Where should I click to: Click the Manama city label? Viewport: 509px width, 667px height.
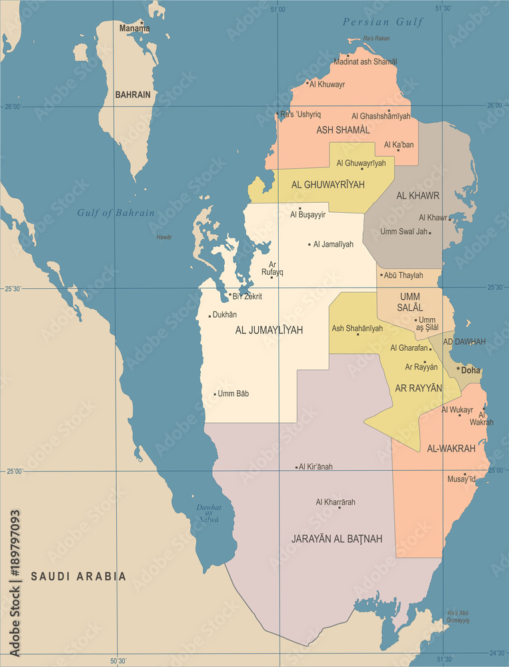(x=134, y=29)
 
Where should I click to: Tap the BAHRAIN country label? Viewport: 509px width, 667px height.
(x=133, y=95)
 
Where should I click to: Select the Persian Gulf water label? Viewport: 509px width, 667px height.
(x=383, y=22)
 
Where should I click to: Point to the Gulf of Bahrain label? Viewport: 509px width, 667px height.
(x=115, y=213)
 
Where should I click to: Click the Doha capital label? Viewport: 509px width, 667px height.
(x=470, y=370)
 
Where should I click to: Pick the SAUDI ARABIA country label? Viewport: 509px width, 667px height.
(x=78, y=576)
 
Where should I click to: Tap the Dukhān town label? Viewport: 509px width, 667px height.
(x=224, y=315)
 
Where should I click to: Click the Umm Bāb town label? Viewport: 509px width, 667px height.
(x=233, y=394)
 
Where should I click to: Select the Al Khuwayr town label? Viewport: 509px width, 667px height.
(x=327, y=84)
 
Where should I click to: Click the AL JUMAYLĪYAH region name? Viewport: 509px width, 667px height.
(x=269, y=329)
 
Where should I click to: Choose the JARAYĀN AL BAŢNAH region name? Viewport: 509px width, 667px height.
(x=337, y=538)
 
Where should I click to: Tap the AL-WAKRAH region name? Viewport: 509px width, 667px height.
(x=451, y=448)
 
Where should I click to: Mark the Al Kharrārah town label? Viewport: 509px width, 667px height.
(x=336, y=502)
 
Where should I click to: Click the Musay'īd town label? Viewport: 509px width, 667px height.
(x=461, y=479)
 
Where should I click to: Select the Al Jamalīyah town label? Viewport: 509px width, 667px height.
(x=333, y=244)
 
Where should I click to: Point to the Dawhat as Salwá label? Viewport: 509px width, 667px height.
(x=209, y=513)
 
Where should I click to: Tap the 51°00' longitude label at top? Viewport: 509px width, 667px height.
(x=278, y=9)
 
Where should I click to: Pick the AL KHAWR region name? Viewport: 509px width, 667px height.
(x=418, y=195)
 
